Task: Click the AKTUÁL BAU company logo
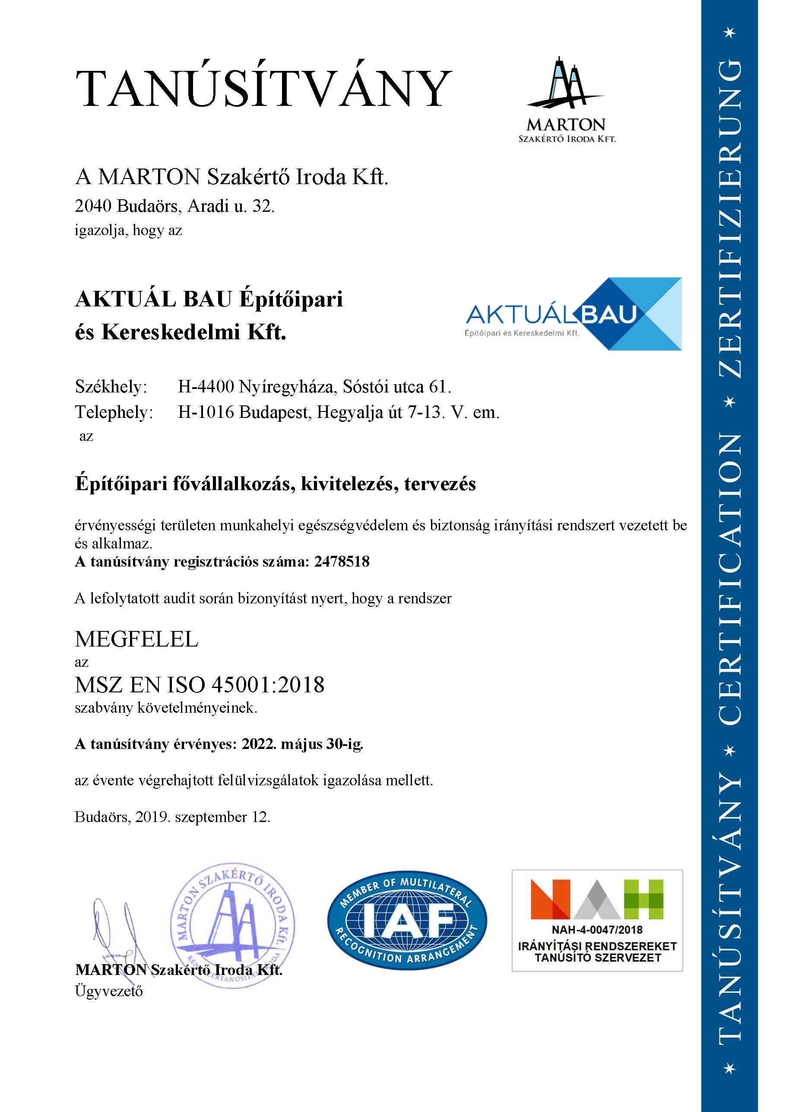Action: click(573, 314)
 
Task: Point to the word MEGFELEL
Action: click(137, 639)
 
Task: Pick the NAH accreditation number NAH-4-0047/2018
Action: click(597, 930)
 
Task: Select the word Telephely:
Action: click(114, 412)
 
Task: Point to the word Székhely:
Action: click(111, 387)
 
